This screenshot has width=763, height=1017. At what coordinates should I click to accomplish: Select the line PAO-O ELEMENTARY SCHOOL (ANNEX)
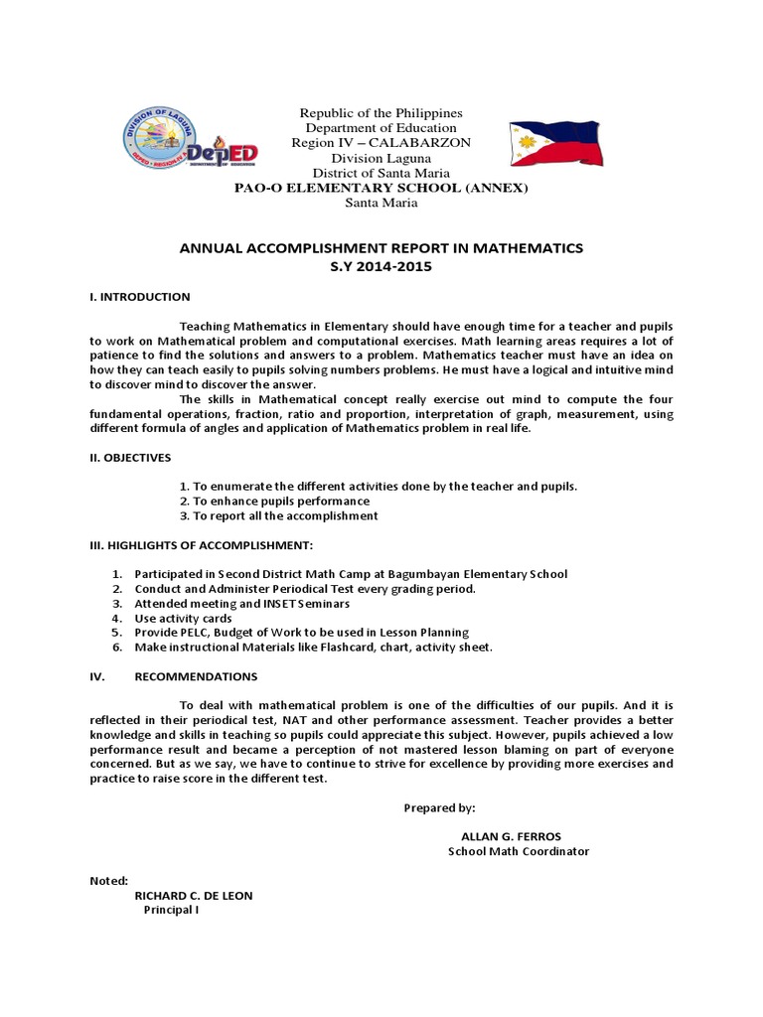381,188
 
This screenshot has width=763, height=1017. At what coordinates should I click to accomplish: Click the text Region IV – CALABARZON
381,143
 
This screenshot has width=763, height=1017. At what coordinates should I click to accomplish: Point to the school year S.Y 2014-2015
381,267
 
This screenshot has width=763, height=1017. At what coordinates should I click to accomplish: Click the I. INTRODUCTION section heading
133,297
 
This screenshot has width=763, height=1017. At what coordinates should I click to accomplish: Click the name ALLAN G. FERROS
511,837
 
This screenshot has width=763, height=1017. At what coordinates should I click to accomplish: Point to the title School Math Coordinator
519,852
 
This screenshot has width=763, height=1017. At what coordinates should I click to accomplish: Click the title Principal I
172,910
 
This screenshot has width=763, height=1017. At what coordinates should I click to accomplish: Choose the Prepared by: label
439,808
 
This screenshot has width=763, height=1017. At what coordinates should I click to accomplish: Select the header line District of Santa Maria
381,173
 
